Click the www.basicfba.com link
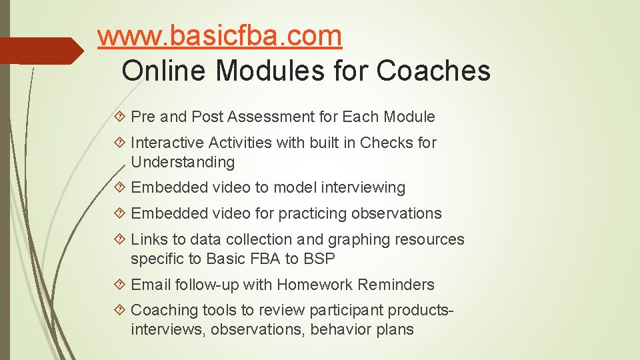click(219, 37)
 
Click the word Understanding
click(183, 162)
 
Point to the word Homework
click(315, 285)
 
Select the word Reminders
click(396, 285)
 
